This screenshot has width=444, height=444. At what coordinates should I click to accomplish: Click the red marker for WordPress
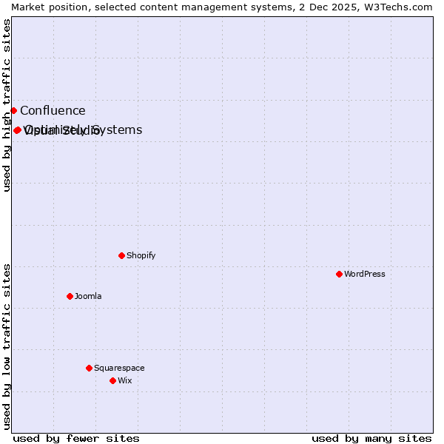(339, 274)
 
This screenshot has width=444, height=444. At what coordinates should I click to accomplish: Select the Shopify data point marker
(121, 255)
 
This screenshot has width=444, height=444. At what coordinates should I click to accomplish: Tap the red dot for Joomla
(70, 296)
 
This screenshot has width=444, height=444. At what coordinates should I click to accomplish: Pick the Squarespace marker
(89, 368)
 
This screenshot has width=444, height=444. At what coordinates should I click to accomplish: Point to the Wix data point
(112, 380)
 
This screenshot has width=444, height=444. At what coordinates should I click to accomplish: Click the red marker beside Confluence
(13, 110)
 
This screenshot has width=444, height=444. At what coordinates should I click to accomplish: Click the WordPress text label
(365, 274)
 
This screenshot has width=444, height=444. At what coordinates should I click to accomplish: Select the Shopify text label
(141, 255)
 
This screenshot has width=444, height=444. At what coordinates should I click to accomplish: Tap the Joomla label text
(88, 296)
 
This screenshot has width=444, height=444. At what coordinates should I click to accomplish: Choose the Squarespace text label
(119, 368)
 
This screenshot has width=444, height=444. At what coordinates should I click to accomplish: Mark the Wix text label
(124, 380)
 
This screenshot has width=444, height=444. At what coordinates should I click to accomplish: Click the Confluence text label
(53, 111)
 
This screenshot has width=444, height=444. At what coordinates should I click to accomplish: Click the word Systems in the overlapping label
(121, 129)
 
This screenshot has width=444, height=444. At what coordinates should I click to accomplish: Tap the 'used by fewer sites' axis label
(76, 438)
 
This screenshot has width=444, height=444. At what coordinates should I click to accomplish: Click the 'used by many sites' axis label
(371, 438)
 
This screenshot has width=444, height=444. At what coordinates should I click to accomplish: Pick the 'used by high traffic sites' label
(7, 105)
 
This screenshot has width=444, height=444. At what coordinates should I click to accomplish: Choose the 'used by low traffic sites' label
(7, 346)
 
